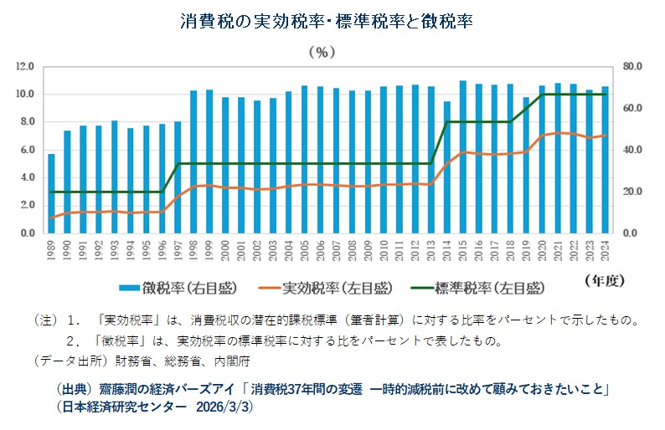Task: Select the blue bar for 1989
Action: (x=51, y=193)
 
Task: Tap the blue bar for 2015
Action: (x=462, y=157)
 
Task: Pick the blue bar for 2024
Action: (x=605, y=160)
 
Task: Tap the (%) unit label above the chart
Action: (x=322, y=52)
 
